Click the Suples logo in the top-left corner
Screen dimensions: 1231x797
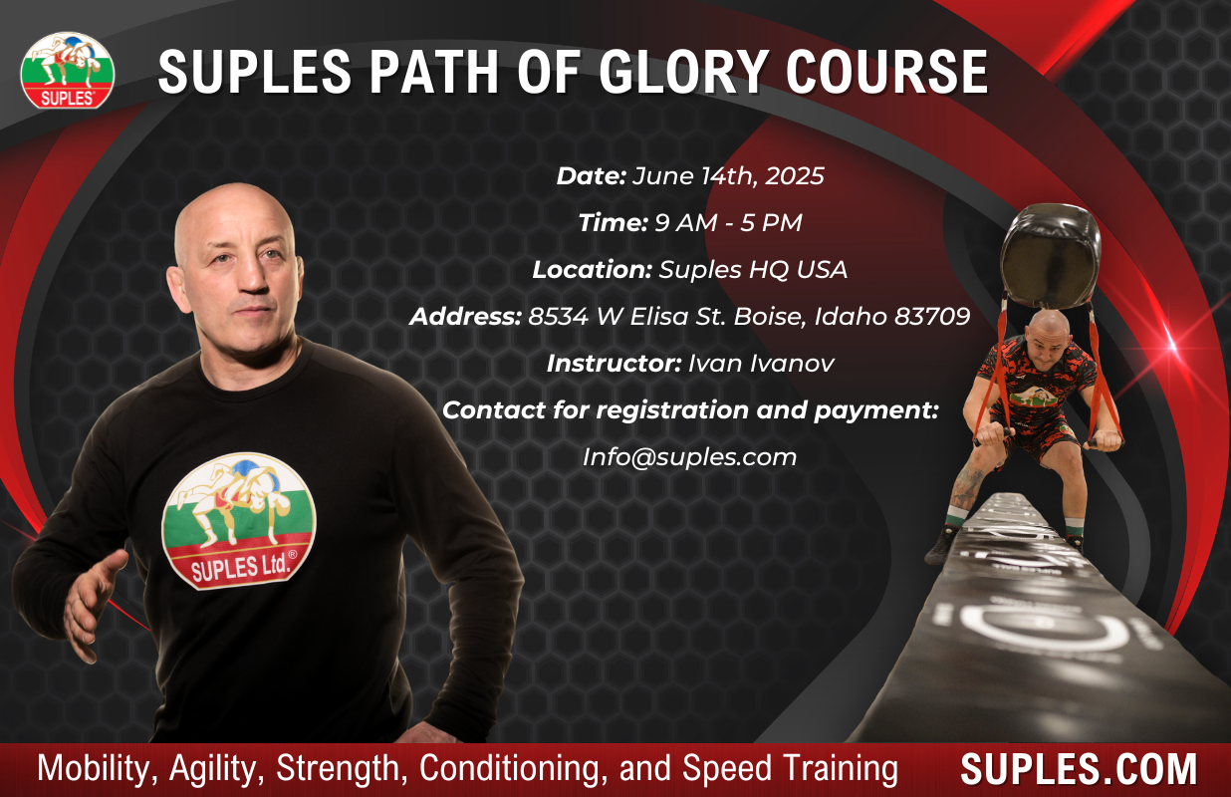click(x=68, y=70)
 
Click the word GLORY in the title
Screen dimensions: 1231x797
click(x=683, y=72)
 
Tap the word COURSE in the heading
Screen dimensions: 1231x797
click(x=886, y=72)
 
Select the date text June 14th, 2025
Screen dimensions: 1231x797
click(x=728, y=176)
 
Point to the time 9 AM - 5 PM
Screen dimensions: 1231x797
click(x=728, y=223)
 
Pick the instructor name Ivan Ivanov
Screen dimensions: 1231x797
click(x=761, y=364)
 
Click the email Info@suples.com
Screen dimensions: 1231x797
click(x=689, y=457)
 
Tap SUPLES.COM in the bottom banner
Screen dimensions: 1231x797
click(x=1079, y=768)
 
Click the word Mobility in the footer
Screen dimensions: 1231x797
click(x=94, y=768)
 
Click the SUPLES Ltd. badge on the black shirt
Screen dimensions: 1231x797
click(x=239, y=521)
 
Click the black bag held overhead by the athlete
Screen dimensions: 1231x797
click(x=1050, y=254)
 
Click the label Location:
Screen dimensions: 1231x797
click(x=592, y=270)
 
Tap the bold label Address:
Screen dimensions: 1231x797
click(x=465, y=317)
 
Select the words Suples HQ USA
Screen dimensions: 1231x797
click(x=753, y=270)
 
